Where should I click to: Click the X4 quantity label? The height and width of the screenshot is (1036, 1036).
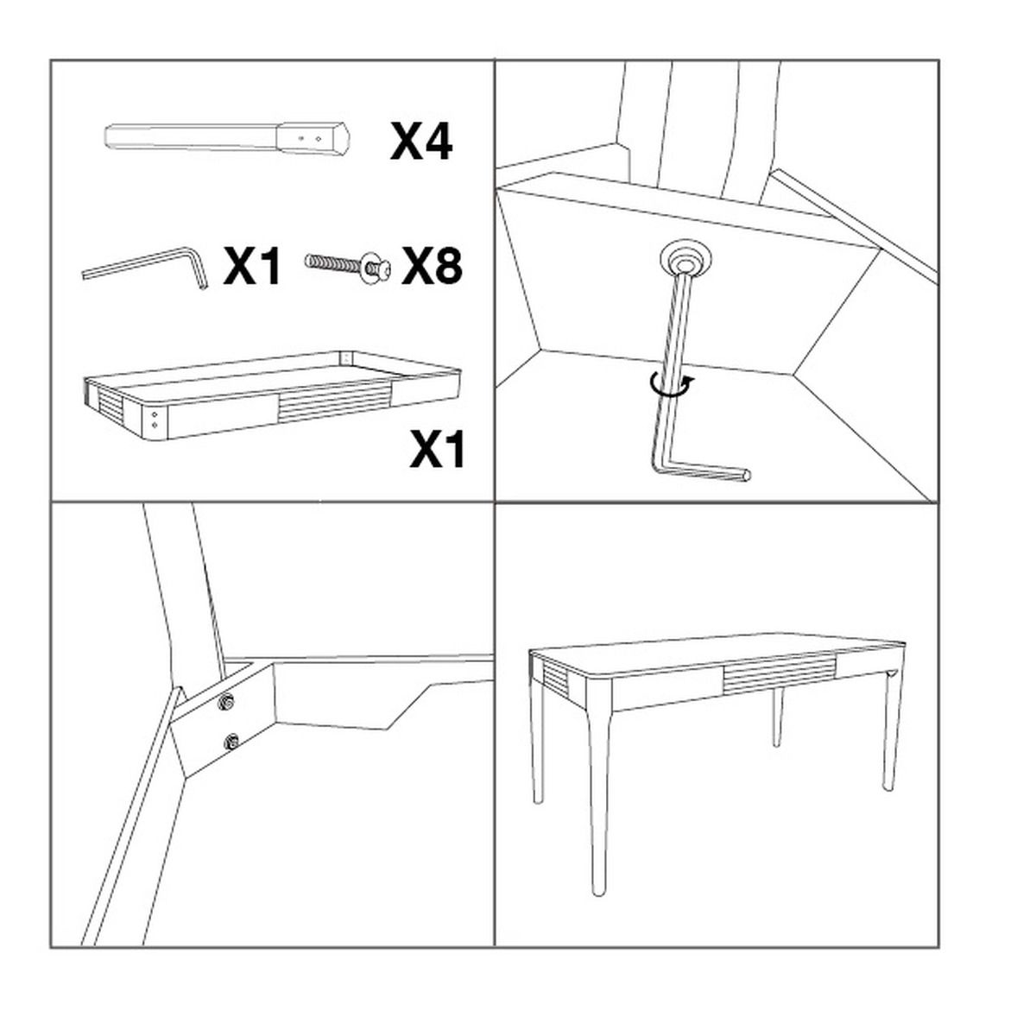[421, 142]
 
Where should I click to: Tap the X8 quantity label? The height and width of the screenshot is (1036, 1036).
[432, 267]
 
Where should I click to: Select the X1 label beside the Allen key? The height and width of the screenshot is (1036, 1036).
[251, 267]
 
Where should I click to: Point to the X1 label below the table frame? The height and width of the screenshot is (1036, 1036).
[437, 450]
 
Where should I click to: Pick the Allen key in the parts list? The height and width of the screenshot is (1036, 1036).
[144, 267]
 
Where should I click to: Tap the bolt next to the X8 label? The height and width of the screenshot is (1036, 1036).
[348, 266]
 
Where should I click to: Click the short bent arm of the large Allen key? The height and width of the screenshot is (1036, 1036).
[704, 472]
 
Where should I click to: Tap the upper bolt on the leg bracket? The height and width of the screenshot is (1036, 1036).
[227, 701]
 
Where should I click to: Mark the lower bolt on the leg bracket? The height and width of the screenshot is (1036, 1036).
[232, 742]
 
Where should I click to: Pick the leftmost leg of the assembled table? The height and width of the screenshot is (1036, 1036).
[536, 752]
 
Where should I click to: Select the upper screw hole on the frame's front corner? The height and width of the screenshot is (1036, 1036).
[155, 414]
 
